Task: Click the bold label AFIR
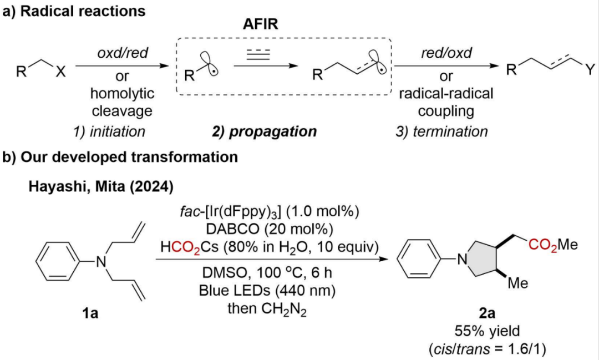[261, 24]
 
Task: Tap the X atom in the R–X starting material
[60, 71]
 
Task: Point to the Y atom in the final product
[590, 70]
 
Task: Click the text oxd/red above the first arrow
[122, 53]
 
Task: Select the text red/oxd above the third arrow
[446, 53]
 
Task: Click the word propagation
[273, 131]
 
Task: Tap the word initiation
[117, 131]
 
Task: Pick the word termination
[450, 131]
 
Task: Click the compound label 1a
[90, 313]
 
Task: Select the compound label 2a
[487, 313]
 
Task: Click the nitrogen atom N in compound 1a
[101, 262]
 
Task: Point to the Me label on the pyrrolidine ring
[517, 283]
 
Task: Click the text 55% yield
[487, 331]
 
